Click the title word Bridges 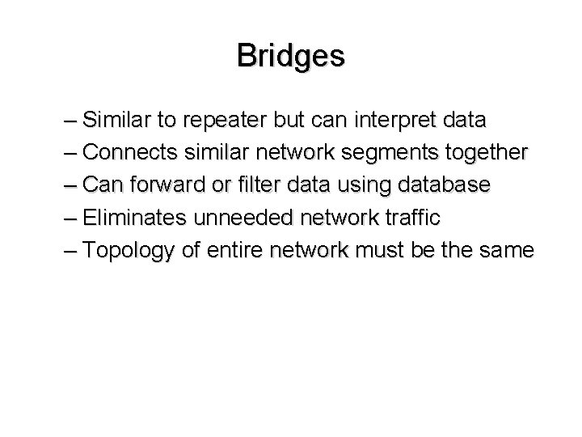click(x=291, y=56)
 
